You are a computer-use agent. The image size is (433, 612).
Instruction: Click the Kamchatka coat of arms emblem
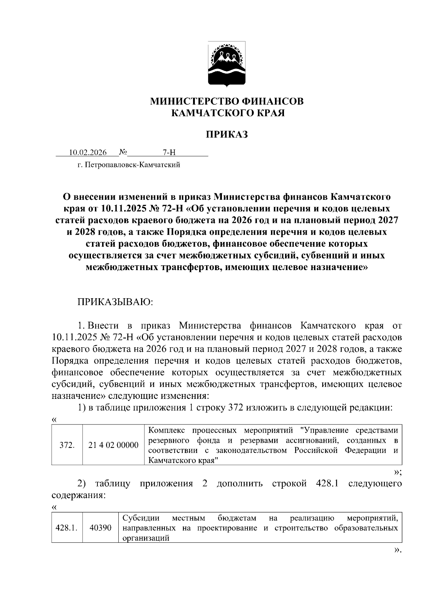pos(227,64)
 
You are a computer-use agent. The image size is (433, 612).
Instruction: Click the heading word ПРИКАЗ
pos(227,135)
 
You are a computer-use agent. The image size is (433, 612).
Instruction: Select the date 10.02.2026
pos(88,153)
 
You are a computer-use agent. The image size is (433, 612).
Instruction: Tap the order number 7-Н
pos(169,153)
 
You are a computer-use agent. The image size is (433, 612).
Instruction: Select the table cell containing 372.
pos(67,445)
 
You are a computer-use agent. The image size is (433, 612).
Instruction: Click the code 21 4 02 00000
pos(113,445)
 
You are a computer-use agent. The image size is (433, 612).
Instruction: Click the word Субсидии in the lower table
pos(141,519)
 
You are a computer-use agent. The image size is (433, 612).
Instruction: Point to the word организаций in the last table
pos(146,538)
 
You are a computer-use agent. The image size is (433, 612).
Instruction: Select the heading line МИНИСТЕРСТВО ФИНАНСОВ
pos(227,101)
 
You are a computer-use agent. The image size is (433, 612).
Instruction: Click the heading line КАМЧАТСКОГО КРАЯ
pos(228,113)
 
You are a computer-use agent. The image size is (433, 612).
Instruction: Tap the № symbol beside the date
pos(123,152)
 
